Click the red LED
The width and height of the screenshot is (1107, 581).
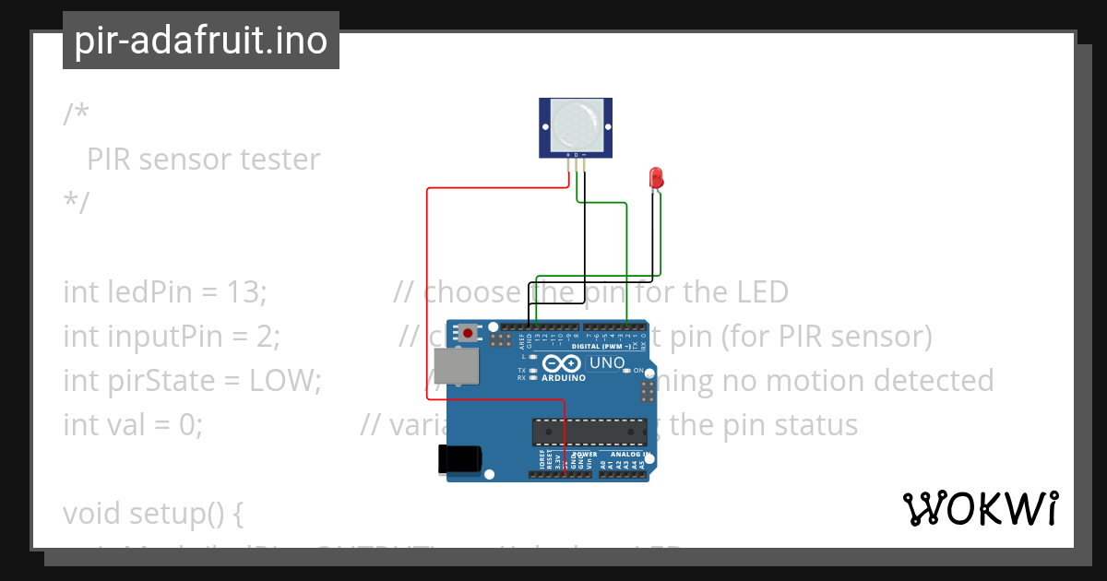pos(656,177)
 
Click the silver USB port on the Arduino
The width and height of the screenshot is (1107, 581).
pos(457,366)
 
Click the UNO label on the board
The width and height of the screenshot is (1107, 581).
pos(606,362)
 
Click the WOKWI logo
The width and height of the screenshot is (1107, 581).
pos(981,508)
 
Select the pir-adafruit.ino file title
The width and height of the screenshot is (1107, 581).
pos(201,41)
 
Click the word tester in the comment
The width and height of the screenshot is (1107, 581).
pos(280,160)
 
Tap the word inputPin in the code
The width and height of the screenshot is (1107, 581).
pos(141,337)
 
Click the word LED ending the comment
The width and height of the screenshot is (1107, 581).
pos(758,292)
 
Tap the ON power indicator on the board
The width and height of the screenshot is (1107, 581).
pos(638,370)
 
